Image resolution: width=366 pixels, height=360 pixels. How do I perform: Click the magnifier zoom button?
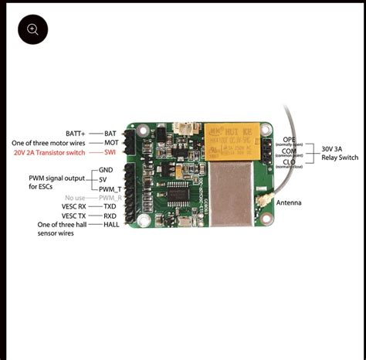(32, 29)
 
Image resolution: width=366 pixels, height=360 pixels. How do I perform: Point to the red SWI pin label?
(110, 152)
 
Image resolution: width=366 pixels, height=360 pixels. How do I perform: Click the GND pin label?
(106, 169)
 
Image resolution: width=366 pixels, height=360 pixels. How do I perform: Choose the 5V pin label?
(104, 179)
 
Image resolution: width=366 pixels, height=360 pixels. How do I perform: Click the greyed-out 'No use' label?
(76, 198)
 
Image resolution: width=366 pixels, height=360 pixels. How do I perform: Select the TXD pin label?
(110, 207)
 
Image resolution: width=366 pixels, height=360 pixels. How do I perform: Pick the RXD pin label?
(110, 216)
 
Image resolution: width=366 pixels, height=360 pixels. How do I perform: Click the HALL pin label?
(111, 226)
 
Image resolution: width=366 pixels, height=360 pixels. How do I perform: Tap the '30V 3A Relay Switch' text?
(339, 153)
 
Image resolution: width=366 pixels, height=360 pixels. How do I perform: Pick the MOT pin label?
(111, 143)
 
